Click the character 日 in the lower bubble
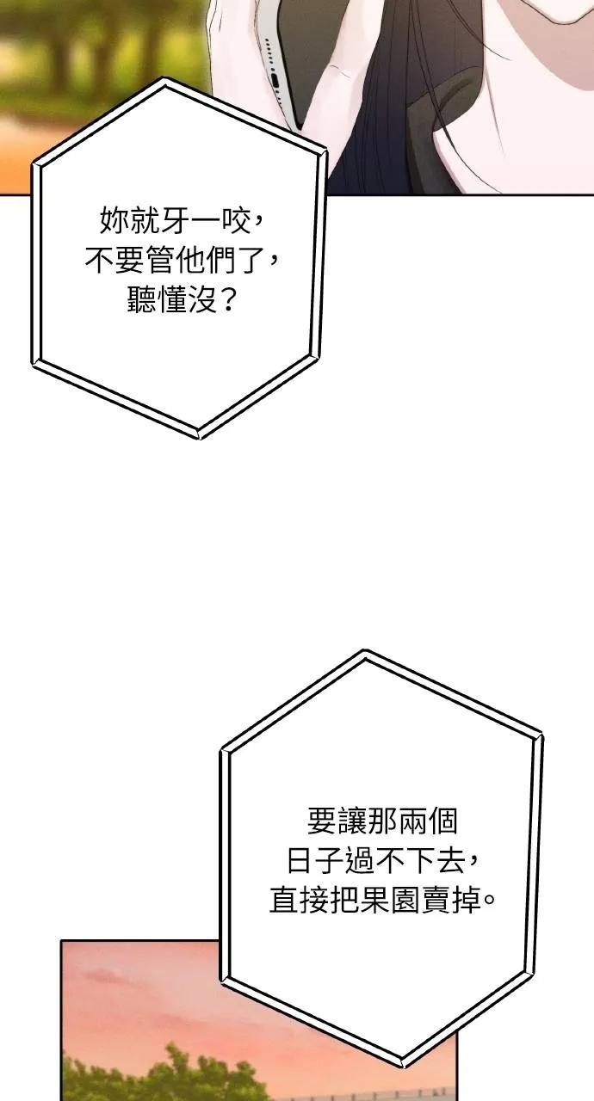(300, 860)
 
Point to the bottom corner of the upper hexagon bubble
(198, 436)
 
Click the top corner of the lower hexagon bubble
(364, 651)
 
